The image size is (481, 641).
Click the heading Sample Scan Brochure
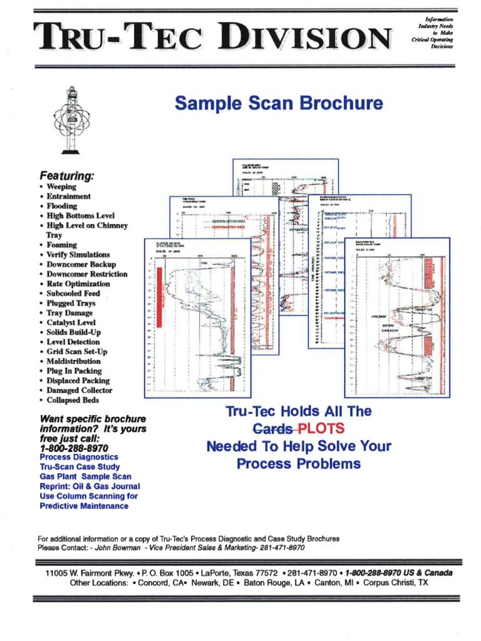(x=279, y=103)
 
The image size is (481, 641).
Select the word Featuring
(x=65, y=176)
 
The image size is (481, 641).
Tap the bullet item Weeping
(x=60, y=187)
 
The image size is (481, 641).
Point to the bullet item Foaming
(x=61, y=245)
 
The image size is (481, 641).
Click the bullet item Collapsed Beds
(x=73, y=400)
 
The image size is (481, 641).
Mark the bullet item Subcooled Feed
(x=73, y=293)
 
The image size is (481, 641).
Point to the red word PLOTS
(x=321, y=429)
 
